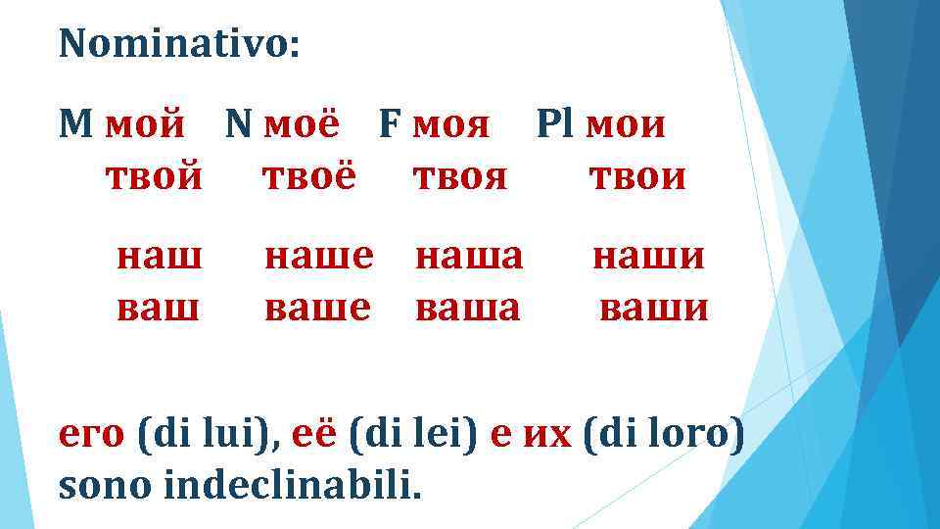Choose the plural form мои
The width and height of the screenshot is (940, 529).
626,125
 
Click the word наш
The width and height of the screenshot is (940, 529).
160,258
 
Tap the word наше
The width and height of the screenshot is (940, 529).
319,258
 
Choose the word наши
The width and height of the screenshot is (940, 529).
649,258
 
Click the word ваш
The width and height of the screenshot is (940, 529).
159,309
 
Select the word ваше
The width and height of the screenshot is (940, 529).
318,309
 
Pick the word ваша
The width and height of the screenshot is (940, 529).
468,309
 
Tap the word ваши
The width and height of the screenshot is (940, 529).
653,309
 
